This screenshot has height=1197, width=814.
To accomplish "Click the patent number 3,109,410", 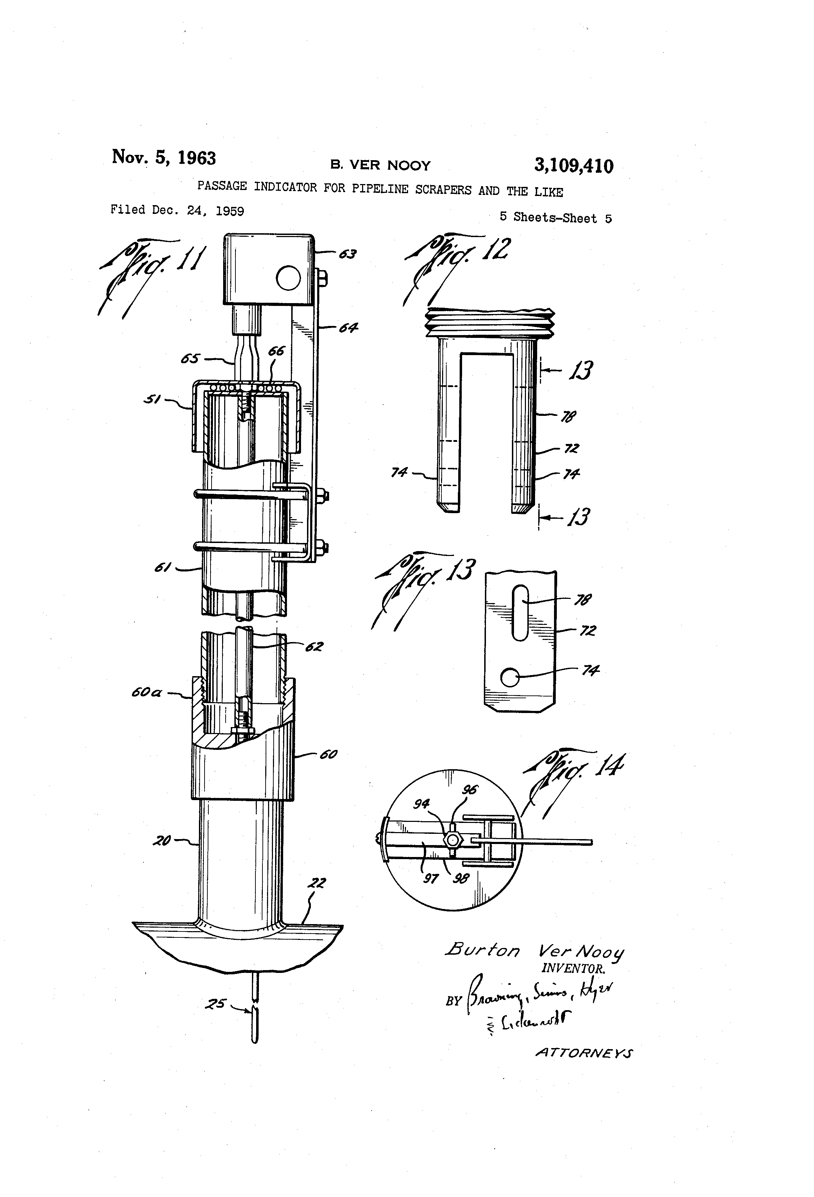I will click(573, 166).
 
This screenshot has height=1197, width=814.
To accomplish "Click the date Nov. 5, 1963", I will click(164, 157).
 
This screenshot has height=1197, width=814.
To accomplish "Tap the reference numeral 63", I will click(348, 254).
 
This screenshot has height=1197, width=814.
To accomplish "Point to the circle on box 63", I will click(288, 279).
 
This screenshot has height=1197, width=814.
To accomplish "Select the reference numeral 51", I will click(152, 399).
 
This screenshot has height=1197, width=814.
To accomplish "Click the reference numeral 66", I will click(276, 351).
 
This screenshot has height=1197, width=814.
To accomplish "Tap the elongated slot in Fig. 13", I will click(520, 613).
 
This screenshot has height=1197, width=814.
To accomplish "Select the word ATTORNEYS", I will click(583, 1053).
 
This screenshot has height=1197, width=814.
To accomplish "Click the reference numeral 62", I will click(314, 646).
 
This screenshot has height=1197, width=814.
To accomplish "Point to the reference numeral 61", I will click(162, 568).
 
